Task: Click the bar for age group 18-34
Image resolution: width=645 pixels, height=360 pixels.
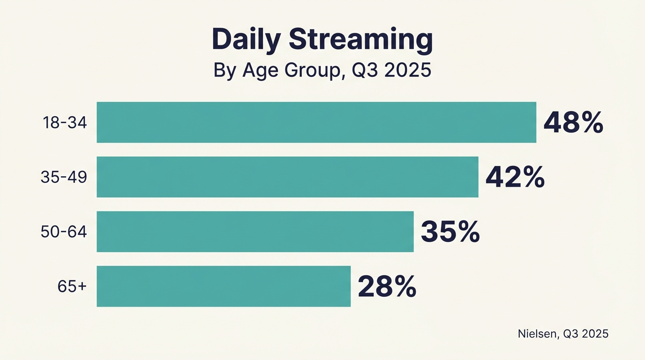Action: coord(316,122)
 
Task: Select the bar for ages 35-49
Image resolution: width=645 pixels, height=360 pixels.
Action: coord(287,177)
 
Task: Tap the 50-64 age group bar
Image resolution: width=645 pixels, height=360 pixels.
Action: coord(255,232)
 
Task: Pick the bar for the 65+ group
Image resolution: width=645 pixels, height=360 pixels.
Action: coord(224,286)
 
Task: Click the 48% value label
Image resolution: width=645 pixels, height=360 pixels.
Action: coord(573,123)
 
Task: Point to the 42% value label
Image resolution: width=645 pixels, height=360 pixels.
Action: coord(515,178)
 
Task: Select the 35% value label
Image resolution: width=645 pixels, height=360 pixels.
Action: coord(450,232)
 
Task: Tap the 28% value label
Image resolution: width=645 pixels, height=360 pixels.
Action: coord(387,287)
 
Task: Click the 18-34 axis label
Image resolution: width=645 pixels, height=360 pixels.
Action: coord(65,123)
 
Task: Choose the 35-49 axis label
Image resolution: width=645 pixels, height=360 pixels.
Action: coord(64,177)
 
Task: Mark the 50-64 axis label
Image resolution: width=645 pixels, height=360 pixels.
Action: coord(64,232)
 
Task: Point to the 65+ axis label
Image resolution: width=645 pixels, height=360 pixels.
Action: coord(72,286)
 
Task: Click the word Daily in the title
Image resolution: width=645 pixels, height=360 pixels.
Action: coord(246,39)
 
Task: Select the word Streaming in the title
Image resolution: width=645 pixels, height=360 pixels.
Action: coord(360,40)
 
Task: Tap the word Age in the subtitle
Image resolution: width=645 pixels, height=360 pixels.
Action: coord(257,71)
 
